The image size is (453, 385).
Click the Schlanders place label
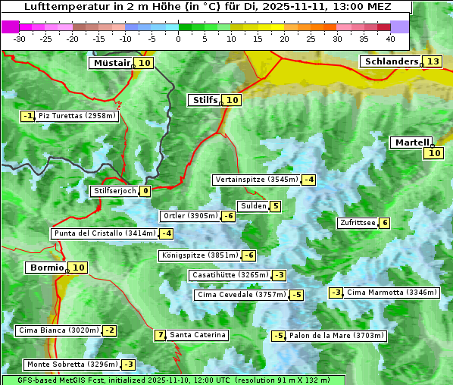point(391,61)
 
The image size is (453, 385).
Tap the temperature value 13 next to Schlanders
point(433,61)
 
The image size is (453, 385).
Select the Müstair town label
point(111,63)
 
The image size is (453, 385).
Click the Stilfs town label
point(205,100)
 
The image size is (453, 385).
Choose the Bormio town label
point(46,268)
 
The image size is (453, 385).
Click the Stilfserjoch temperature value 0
point(145,191)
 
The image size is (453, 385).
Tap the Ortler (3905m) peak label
point(190,216)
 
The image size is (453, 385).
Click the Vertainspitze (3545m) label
point(257,180)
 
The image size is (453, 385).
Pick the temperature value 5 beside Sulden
point(275,206)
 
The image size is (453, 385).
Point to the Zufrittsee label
point(358,223)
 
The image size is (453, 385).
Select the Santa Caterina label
point(197,335)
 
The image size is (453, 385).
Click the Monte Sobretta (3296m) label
point(72,365)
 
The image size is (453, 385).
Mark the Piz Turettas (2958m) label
point(78,116)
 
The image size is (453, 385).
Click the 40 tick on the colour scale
point(390,38)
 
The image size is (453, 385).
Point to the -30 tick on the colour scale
point(20,38)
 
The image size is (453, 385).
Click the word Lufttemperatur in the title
point(62,7)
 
